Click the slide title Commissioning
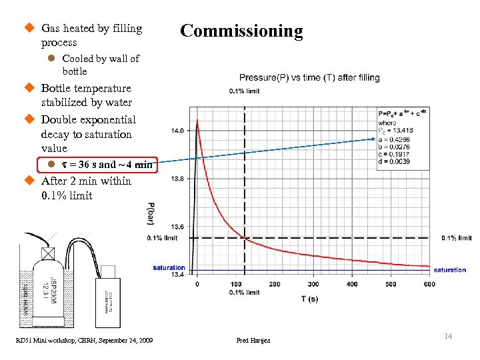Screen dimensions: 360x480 point(241,31)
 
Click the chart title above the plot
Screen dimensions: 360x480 point(304,77)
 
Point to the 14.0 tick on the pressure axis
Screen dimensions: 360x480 point(177,131)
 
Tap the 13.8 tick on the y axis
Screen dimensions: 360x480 point(177,179)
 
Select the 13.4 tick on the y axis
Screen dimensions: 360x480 point(177,274)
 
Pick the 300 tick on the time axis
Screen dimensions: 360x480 point(313,284)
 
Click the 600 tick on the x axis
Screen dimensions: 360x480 point(429,284)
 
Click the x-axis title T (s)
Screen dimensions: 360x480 point(309,299)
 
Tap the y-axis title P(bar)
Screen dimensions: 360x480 point(151,213)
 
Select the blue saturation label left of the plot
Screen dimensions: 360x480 point(169,268)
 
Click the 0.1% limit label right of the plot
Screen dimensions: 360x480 point(457,238)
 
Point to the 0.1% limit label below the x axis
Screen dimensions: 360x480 point(244,293)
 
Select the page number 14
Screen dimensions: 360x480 point(448,336)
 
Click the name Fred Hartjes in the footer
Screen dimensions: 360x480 point(254,341)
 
